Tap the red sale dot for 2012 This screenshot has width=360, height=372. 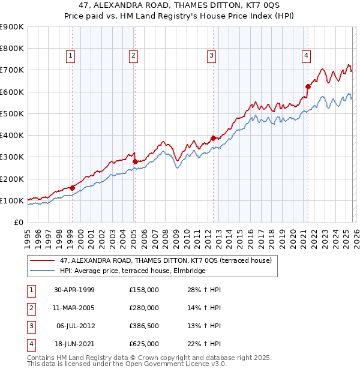[x=212, y=138]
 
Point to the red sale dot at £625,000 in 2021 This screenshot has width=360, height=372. [x=308, y=86]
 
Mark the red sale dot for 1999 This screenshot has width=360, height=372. [x=72, y=188]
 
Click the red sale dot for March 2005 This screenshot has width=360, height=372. [x=134, y=161]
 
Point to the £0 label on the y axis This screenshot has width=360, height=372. [x=18, y=222]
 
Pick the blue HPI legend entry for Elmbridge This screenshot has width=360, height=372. [x=132, y=271]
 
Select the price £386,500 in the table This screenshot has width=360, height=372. [x=144, y=326]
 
